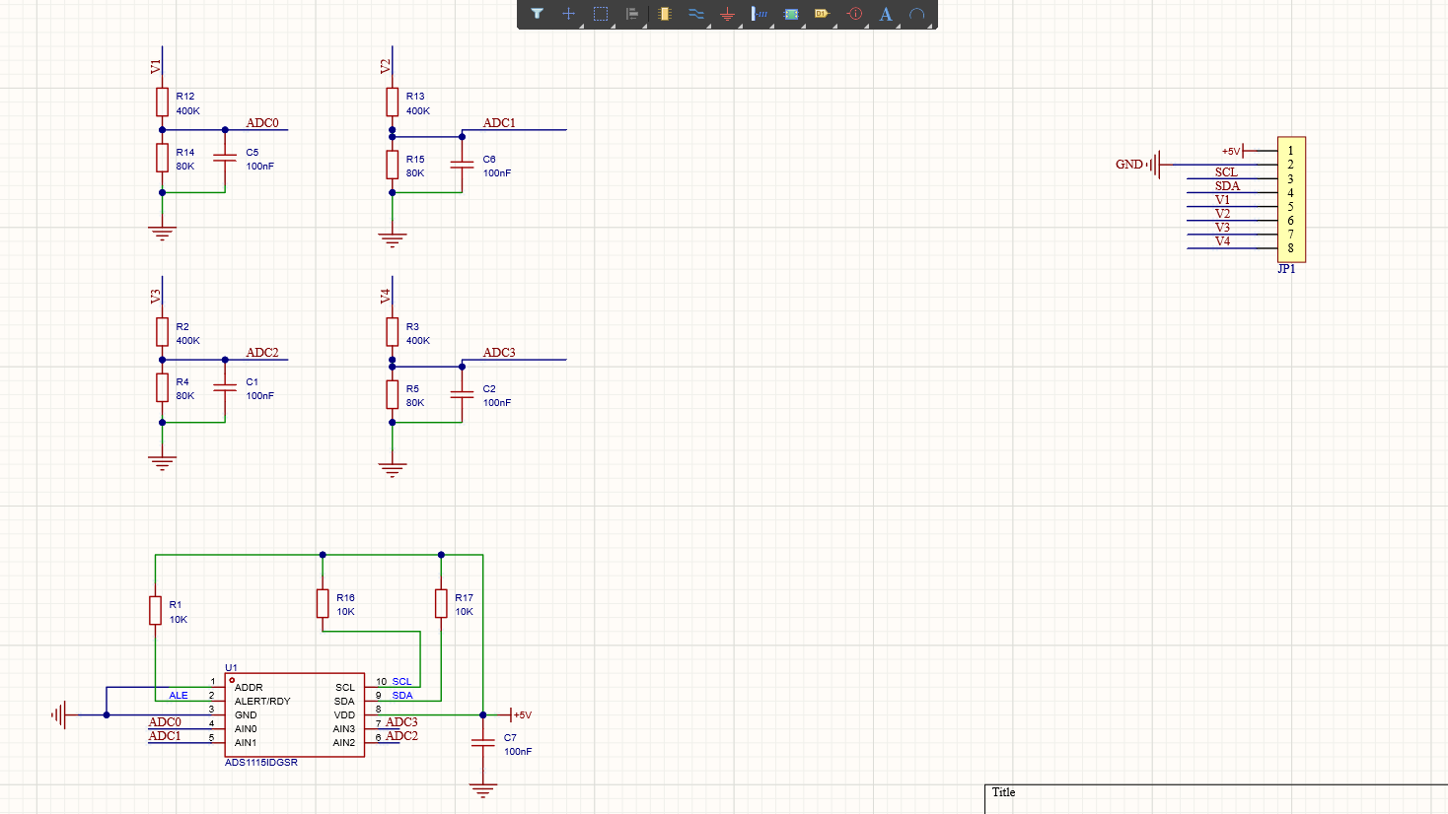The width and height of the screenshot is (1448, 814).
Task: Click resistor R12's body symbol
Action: (162, 102)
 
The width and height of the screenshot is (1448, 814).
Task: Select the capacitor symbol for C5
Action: (225, 158)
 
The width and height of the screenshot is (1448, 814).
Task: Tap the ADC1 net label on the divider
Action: (499, 123)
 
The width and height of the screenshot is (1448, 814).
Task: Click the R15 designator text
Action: (415, 159)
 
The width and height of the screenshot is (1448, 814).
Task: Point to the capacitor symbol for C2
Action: (462, 394)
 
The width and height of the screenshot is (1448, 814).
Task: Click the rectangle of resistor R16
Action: (323, 603)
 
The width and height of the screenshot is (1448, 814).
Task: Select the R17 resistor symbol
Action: (441, 603)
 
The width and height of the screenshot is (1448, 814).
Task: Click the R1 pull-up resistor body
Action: (155, 611)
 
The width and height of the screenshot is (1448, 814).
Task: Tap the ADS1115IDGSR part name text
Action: (261, 763)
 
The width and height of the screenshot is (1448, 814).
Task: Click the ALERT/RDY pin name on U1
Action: (262, 701)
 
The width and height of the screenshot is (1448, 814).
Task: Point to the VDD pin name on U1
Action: (344, 715)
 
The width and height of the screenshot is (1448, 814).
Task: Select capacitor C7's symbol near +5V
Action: (483, 743)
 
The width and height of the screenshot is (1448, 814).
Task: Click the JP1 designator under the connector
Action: (1286, 269)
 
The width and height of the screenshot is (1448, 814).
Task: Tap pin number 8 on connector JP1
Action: (1290, 248)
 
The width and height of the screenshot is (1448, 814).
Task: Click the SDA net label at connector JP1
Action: (1227, 186)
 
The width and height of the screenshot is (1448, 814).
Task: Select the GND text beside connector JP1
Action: (1129, 165)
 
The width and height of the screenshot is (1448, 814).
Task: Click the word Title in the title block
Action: (1004, 792)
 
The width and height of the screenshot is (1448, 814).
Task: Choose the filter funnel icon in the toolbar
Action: (537, 14)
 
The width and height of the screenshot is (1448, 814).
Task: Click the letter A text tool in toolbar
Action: (886, 14)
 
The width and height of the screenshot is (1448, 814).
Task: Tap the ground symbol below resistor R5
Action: (393, 470)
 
